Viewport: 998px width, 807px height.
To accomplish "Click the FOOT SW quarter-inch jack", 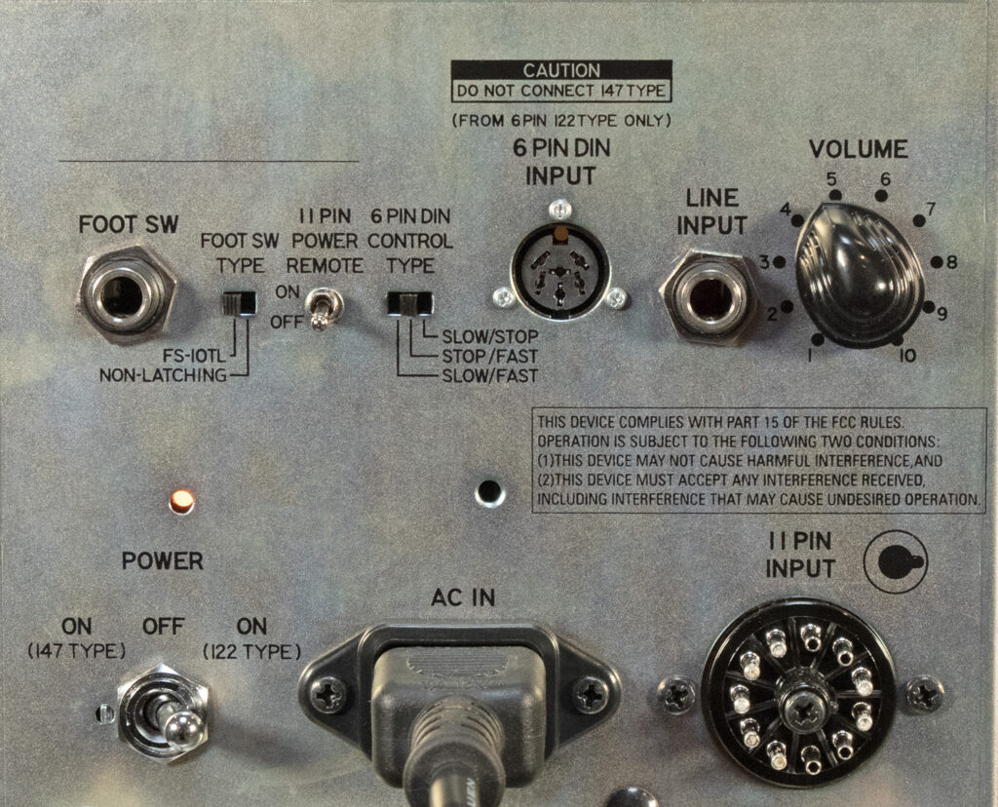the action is coord(126,295).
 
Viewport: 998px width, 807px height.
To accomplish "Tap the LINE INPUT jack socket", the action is coord(708,298).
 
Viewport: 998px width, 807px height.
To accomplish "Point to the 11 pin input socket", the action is coord(798,695).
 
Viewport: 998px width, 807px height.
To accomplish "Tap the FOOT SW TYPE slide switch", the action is coord(239,303).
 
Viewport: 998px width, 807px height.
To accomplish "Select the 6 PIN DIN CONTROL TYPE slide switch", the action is coord(410,303).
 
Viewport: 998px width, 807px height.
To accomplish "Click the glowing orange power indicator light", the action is coord(181,502).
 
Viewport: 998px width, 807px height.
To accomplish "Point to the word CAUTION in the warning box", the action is coord(561,70).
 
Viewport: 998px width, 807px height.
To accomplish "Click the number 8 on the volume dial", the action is coord(952,262).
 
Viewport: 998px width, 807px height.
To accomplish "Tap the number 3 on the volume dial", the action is coord(764,261).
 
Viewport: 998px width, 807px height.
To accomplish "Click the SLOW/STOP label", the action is coord(490,336).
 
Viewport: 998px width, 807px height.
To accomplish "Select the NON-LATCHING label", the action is coord(163,375).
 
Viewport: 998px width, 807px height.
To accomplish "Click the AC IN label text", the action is coord(463,597).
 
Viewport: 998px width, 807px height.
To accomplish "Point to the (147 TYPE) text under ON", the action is coord(76,652).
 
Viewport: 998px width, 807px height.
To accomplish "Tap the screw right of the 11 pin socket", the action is coord(925,694).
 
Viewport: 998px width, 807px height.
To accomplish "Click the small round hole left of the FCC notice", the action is coord(490,491).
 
